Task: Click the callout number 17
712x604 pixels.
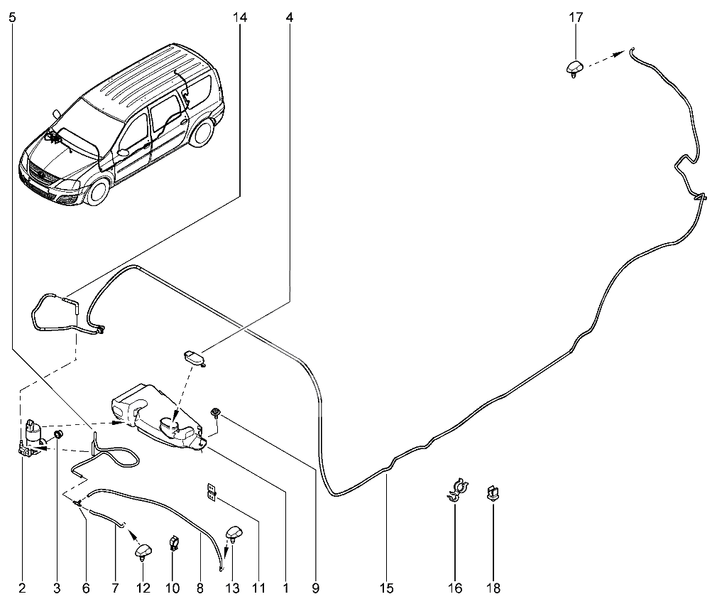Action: point(576,17)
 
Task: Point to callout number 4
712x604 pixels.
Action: point(289,17)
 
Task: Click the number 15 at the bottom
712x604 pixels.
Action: point(387,588)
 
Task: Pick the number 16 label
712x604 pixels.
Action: point(455,588)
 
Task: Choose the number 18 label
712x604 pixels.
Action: point(492,588)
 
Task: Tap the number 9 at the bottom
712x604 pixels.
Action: point(315,588)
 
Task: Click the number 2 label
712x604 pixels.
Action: point(22,588)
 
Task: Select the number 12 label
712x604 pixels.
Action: point(144,588)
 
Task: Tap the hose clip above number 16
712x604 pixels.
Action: point(455,490)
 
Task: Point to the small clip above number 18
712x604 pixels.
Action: point(492,492)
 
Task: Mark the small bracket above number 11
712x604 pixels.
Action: point(212,491)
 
